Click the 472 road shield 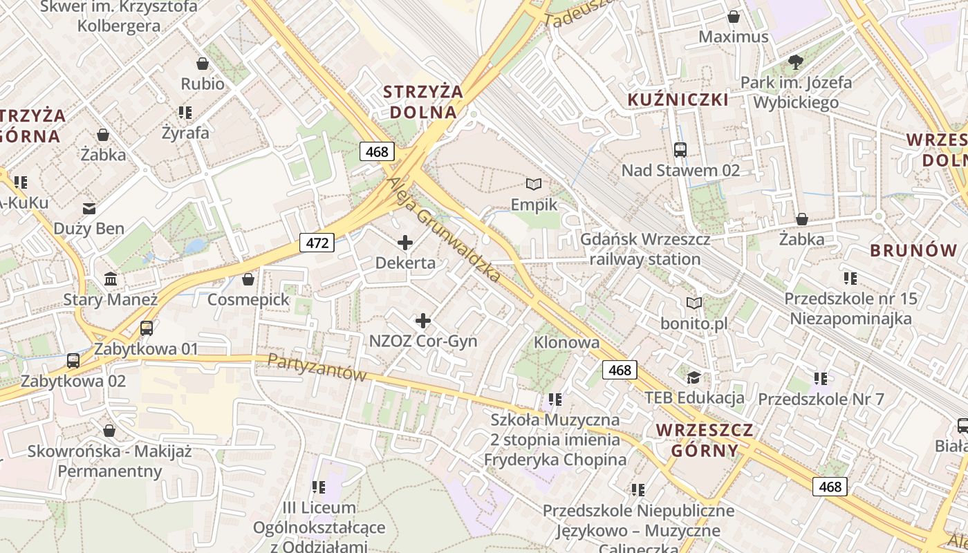(x=317, y=243)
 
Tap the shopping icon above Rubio (x=203, y=64)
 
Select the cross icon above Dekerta (x=406, y=243)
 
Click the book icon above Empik (x=533, y=184)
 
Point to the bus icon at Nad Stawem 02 (x=680, y=149)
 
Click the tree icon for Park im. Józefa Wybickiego (x=796, y=62)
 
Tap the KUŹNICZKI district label (x=678, y=100)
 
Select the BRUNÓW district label (x=913, y=250)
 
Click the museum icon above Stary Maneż (x=111, y=279)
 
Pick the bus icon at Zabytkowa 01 (x=147, y=328)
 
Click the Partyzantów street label (x=316, y=368)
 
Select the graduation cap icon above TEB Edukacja (x=694, y=377)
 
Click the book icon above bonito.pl (x=694, y=303)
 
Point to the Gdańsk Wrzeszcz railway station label (x=644, y=250)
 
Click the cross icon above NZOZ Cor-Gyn (x=423, y=321)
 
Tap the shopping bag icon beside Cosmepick (x=248, y=279)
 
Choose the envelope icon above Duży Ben (x=89, y=208)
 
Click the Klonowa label (x=566, y=342)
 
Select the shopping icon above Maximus (x=734, y=17)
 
